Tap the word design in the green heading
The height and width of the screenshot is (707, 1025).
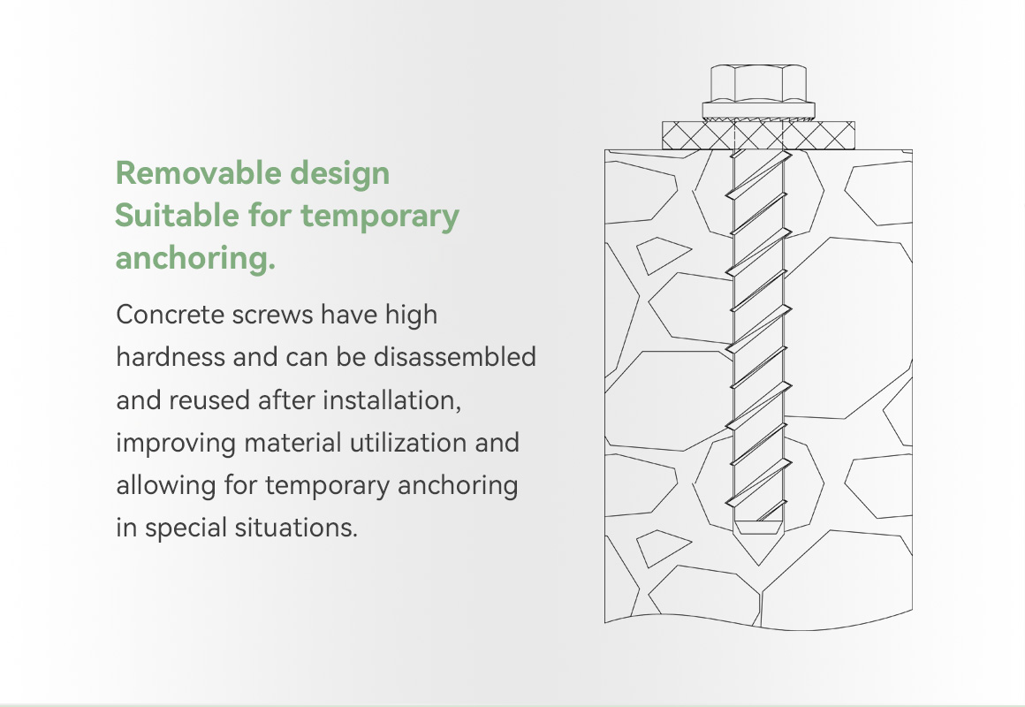[340, 174]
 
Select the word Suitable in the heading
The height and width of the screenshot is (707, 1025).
[177, 215]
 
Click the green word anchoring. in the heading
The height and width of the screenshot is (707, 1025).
[195, 258]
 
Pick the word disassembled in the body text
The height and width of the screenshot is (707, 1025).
[455, 357]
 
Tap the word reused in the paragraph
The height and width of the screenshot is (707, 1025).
[209, 400]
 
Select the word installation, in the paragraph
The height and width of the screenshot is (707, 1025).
[392, 400]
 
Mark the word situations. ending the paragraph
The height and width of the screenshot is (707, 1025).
[296, 528]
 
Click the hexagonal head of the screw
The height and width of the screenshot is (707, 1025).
[758, 83]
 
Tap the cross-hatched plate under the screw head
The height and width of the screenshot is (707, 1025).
[758, 135]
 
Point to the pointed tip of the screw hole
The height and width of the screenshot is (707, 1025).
[758, 564]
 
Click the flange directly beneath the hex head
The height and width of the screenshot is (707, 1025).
[758, 110]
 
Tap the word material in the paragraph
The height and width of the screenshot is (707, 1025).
[293, 443]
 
